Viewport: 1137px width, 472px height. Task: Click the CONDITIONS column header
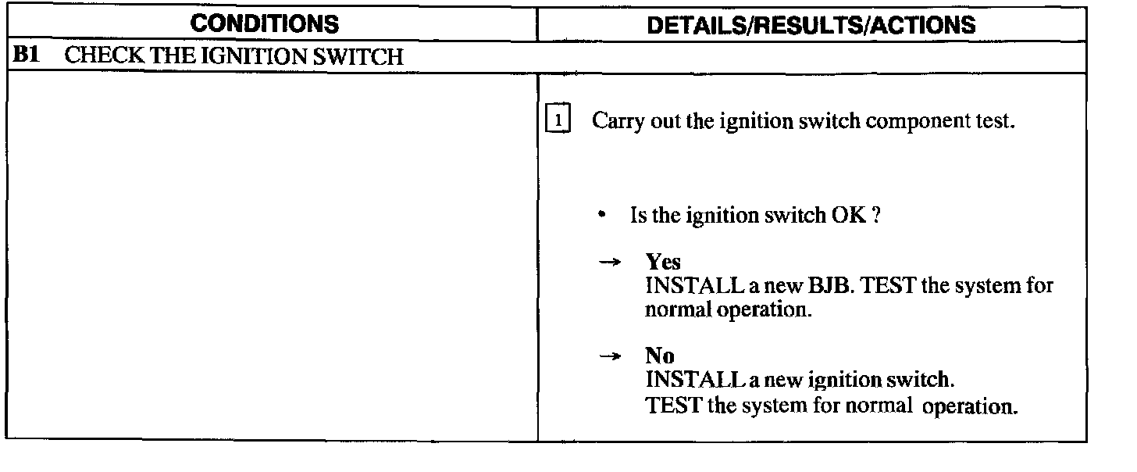tap(266, 25)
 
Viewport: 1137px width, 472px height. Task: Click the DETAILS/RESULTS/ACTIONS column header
tap(812, 25)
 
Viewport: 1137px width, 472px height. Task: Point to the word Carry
tap(616, 122)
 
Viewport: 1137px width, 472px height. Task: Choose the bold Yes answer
tap(663, 263)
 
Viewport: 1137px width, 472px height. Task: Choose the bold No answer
tap(660, 356)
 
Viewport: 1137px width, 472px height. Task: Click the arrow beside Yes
tap(608, 263)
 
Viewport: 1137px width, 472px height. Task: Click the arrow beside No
tap(608, 357)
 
